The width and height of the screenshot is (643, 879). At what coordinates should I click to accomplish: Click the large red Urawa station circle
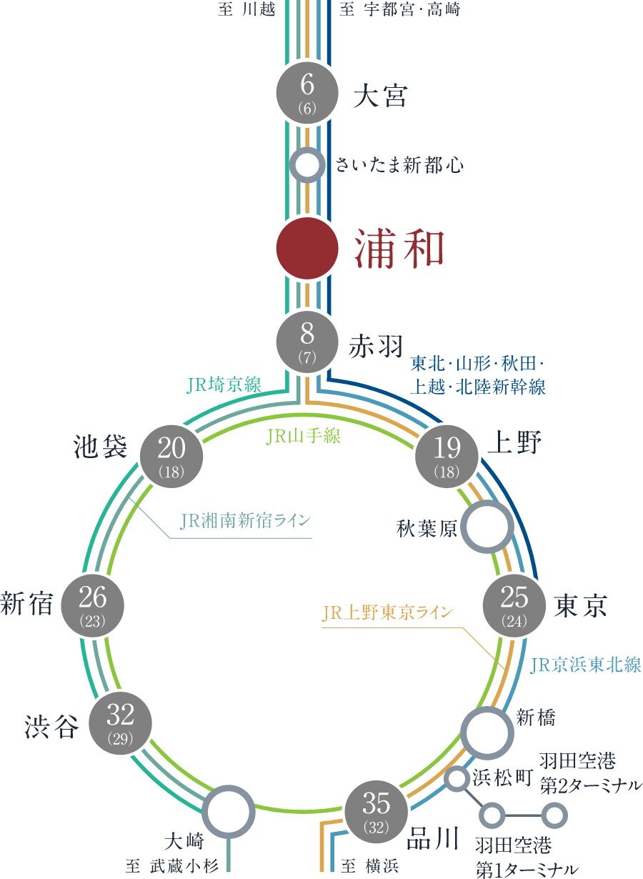[x=306, y=248]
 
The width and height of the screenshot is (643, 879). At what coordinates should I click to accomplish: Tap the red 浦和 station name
[x=399, y=249]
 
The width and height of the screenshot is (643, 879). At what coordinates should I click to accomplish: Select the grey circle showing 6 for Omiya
[x=306, y=91]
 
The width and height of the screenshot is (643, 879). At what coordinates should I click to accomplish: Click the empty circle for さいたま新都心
[x=306, y=165]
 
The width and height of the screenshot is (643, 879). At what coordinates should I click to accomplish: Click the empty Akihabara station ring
[x=487, y=526]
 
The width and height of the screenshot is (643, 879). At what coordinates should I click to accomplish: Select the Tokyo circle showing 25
[x=514, y=606]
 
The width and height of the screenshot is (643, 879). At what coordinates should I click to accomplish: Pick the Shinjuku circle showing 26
[x=94, y=605]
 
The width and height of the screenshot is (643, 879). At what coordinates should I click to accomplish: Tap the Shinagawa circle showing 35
[x=376, y=810]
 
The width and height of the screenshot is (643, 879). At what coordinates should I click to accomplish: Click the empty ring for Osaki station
[x=229, y=810]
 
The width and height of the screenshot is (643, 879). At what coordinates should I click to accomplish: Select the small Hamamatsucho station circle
[x=456, y=778]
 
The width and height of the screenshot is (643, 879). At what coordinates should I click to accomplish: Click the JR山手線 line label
[x=304, y=436]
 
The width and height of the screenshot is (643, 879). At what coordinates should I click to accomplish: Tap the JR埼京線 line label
[x=224, y=386]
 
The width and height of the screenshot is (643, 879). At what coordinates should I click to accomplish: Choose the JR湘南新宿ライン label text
[x=246, y=520]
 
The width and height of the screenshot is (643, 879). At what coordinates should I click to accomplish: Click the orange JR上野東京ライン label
[x=387, y=612]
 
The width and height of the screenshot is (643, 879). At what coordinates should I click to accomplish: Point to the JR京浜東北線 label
[x=586, y=665]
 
